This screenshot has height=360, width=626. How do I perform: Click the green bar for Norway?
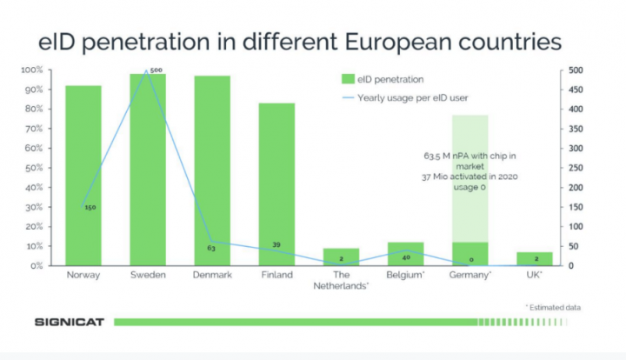coord(83,174)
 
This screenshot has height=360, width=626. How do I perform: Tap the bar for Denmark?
coord(212,170)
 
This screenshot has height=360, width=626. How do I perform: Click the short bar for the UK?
coord(534,259)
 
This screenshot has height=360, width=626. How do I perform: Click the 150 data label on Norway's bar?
coord(90,208)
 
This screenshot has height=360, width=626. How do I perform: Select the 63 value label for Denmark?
coord(210,248)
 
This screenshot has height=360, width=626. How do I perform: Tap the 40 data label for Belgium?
coord(405,257)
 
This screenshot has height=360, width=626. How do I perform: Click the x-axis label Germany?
coord(470,276)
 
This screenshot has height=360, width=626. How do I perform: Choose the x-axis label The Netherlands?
coord(342,280)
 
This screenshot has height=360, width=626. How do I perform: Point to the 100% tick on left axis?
coord(32,70)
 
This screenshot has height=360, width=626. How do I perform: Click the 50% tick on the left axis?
coord(34,168)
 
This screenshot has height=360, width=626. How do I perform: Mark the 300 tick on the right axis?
coord(576,148)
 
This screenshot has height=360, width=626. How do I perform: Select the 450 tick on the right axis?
coord(576,90)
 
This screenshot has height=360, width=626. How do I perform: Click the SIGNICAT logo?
coord(70,322)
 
